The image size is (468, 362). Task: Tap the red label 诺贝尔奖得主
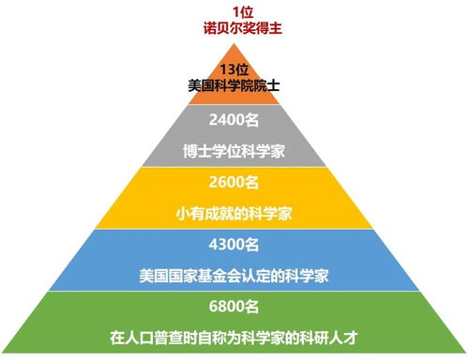[234, 29]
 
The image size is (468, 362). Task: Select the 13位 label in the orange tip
[234, 69]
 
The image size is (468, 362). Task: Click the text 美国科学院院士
[234, 85]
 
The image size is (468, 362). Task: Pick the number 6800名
[234, 306]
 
